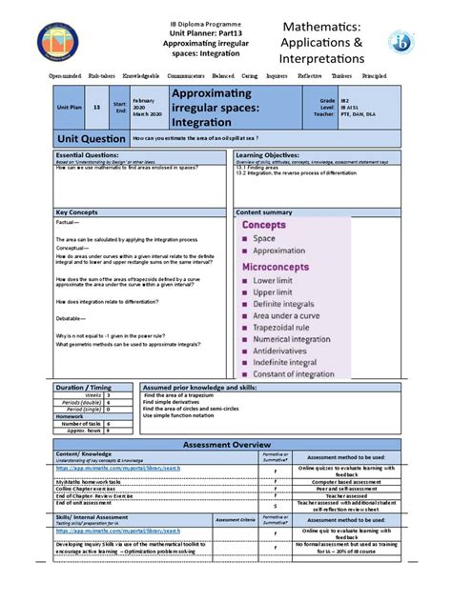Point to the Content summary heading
[264, 212]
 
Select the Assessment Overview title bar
[226, 445]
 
